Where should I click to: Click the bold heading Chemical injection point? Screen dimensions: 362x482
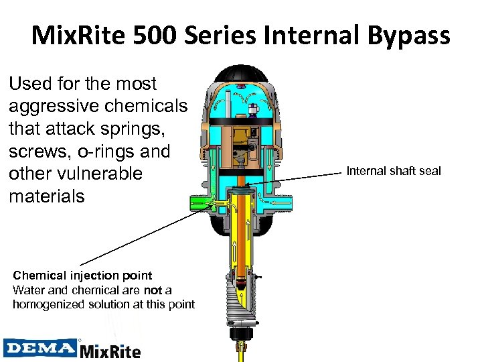coord(82,276)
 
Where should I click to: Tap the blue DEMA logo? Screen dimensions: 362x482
coord(40,349)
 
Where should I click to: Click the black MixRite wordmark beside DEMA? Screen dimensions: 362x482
coord(110,350)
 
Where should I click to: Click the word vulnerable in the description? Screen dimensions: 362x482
coord(101,174)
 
